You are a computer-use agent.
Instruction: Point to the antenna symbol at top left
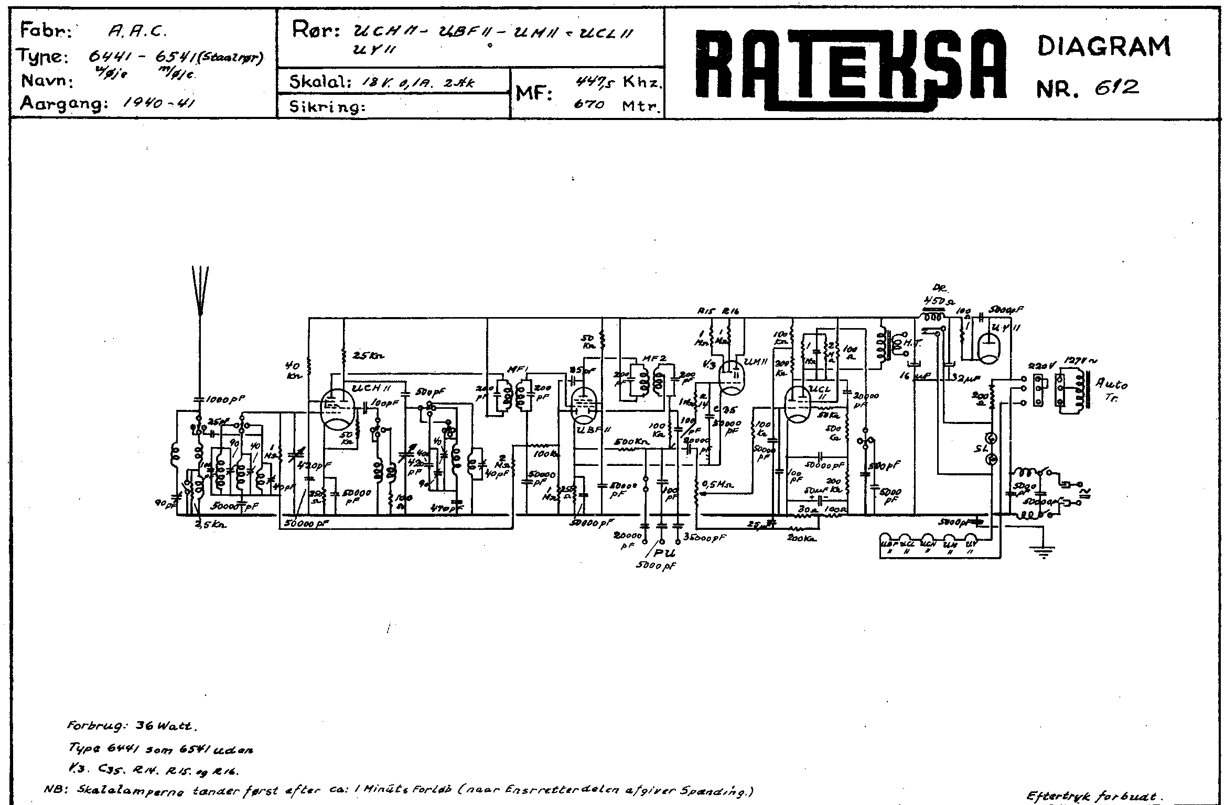click(200, 291)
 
